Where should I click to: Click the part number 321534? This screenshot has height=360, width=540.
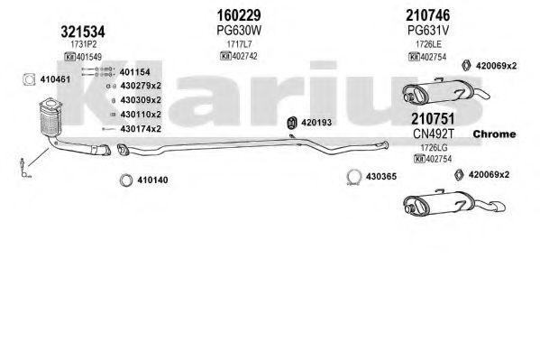(x=83, y=32)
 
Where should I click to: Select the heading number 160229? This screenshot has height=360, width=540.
(x=239, y=15)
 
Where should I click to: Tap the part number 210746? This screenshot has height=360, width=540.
(x=427, y=15)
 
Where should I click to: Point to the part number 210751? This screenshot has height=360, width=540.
(x=433, y=118)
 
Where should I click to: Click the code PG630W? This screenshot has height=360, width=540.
(x=239, y=31)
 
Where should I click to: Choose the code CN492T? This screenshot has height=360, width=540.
(x=434, y=134)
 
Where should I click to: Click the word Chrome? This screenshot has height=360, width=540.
(x=494, y=134)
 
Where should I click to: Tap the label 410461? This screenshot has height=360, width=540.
(x=55, y=79)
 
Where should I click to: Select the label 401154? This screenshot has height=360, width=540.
(x=134, y=72)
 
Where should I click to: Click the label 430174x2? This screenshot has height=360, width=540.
(x=141, y=129)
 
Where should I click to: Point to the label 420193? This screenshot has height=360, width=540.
(x=316, y=123)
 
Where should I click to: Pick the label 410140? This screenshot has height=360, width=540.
(x=153, y=180)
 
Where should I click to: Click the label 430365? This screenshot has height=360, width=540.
(x=381, y=177)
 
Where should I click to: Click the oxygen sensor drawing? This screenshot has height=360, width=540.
(x=23, y=168)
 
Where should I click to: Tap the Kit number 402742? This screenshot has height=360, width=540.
(x=244, y=56)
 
